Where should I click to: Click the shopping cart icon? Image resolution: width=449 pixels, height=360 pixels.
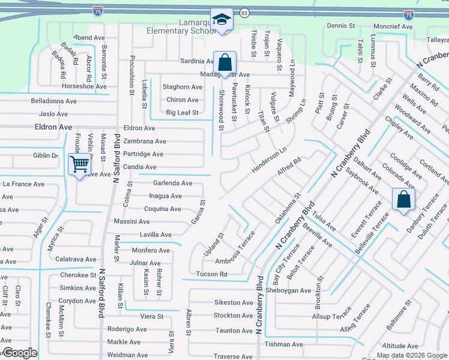pyautogui.click(x=79, y=163)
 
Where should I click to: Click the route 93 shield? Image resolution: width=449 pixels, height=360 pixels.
pyautogui.click(x=244, y=12)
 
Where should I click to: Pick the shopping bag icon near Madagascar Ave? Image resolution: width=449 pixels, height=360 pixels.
pyautogui.click(x=224, y=62)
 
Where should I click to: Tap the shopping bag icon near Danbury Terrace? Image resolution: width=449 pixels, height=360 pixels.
pyautogui.click(x=403, y=200)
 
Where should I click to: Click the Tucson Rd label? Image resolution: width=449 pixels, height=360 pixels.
pyautogui.click(x=211, y=274)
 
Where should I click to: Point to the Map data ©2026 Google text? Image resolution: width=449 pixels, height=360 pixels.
pyautogui.click(x=412, y=355)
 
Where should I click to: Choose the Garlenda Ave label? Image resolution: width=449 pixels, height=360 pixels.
pyautogui.click(x=173, y=183)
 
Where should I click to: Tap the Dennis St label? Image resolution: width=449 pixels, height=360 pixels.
pyautogui.click(x=341, y=26)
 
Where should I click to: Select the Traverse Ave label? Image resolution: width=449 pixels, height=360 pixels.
pyautogui.click(x=234, y=356)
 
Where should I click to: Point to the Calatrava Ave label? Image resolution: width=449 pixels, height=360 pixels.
pyautogui.click(x=75, y=259)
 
